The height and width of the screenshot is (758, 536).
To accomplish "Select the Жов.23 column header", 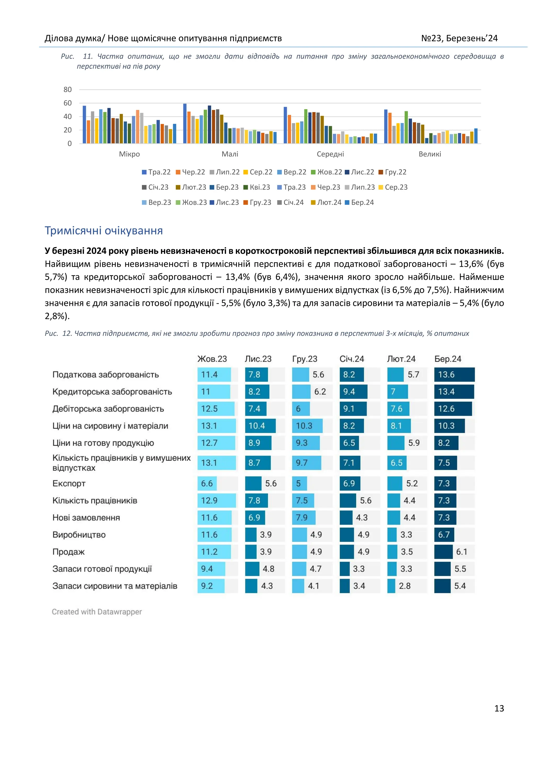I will click(212, 359).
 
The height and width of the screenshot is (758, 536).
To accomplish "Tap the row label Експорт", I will click(69, 484).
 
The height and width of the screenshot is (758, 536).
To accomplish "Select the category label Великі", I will click(430, 154).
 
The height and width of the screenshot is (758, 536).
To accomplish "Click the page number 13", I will click(499, 709).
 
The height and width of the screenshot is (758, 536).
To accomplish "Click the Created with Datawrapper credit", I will click(97, 612).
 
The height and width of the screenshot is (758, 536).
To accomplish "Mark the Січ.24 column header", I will click(352, 359).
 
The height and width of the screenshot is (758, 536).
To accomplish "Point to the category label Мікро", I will click(129, 154).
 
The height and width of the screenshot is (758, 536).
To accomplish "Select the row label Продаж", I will click(69, 552).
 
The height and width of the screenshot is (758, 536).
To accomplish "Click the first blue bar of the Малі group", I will click(185, 124).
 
